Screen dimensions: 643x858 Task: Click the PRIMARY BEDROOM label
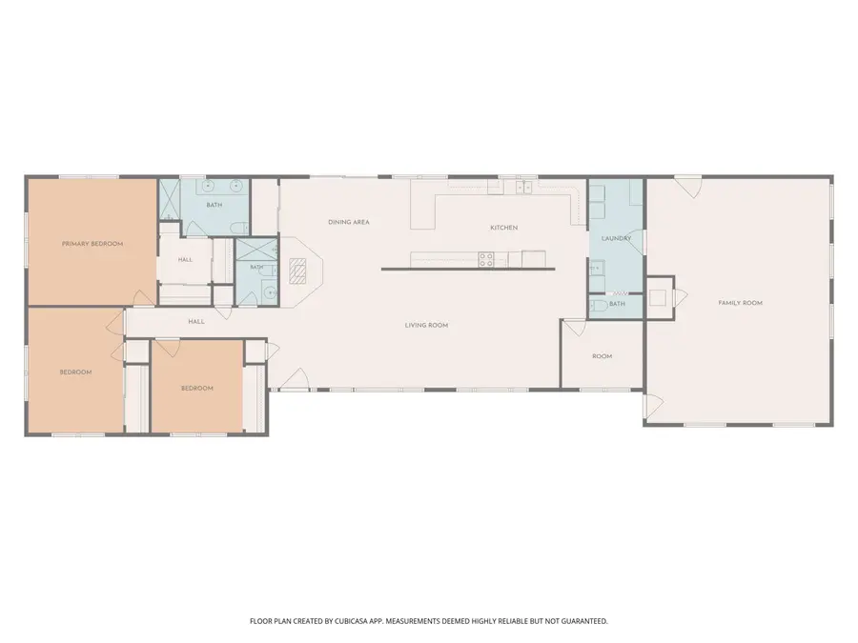click(92, 244)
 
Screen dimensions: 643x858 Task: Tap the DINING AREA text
click(348, 222)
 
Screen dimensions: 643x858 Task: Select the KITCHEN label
click(503, 228)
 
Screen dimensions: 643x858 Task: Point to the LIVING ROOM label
click(426, 326)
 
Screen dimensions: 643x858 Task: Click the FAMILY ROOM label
click(740, 303)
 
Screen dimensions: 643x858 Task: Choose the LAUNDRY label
click(616, 238)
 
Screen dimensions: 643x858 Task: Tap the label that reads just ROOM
click(602, 356)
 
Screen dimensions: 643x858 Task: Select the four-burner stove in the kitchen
click(485, 257)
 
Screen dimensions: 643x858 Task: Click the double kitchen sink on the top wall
click(523, 187)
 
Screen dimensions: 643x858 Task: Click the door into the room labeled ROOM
click(575, 328)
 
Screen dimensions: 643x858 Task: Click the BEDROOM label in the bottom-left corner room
click(75, 372)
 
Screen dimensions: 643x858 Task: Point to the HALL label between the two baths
click(185, 259)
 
